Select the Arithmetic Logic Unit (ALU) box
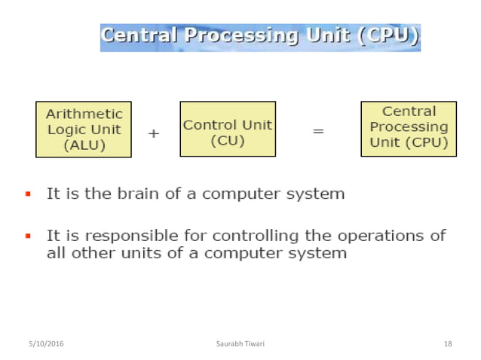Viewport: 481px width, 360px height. point(84,129)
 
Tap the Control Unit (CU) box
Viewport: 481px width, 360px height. point(228,129)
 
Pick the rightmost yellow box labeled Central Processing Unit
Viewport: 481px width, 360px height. point(409,129)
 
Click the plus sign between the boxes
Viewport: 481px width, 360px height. point(154,133)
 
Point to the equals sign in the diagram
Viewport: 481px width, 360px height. point(318,132)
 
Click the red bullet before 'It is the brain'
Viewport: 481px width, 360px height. point(28,194)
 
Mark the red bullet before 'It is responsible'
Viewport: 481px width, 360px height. point(28,236)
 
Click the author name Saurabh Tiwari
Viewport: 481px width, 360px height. point(240,344)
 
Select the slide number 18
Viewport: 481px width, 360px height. point(448,344)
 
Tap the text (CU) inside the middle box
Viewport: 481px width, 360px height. point(228,140)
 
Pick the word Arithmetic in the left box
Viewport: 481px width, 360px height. point(84,114)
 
